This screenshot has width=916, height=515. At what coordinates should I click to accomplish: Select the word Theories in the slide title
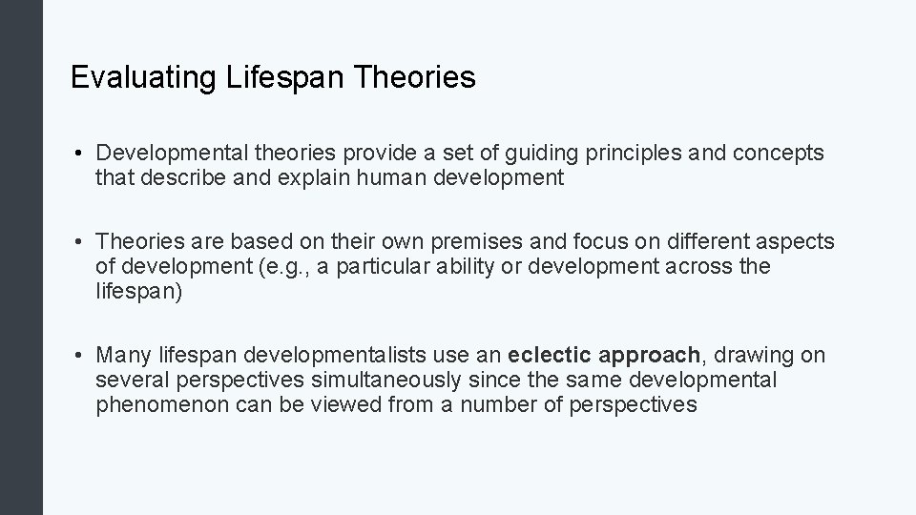click(x=414, y=77)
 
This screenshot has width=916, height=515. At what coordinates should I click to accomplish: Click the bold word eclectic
click(x=552, y=356)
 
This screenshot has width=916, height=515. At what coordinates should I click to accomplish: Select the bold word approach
click(x=652, y=357)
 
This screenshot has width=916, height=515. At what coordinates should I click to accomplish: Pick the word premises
click(x=444, y=243)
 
